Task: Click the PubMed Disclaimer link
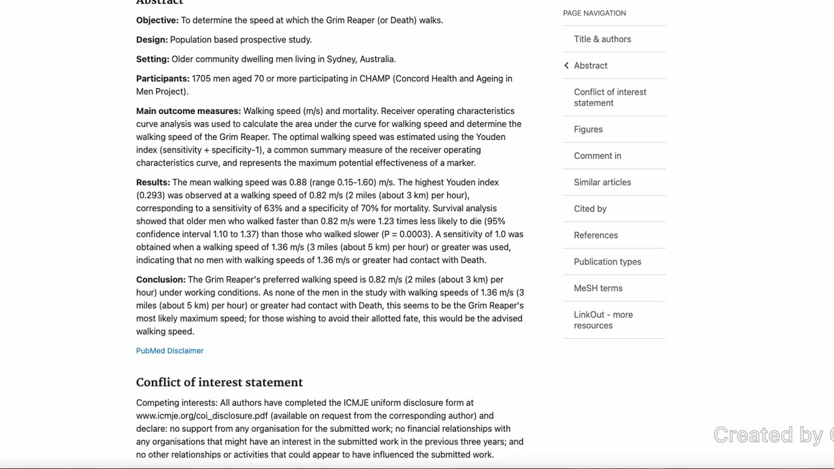pyautogui.click(x=169, y=350)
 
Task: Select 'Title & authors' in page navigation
pyautogui.click(x=602, y=39)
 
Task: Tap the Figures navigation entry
pyautogui.click(x=588, y=129)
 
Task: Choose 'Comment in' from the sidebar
pyautogui.click(x=597, y=156)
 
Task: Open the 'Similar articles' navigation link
pyautogui.click(x=602, y=182)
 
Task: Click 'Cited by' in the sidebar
pyautogui.click(x=590, y=208)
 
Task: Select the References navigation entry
pyautogui.click(x=596, y=235)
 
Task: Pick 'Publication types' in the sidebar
pyautogui.click(x=607, y=262)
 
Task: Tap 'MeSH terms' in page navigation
pyautogui.click(x=597, y=288)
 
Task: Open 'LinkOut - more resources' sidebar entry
pyautogui.click(x=603, y=320)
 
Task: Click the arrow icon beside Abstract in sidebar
pyautogui.click(x=566, y=65)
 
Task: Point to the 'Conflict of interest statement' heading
pyautogui.click(x=219, y=382)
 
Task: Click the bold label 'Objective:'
pyautogui.click(x=157, y=20)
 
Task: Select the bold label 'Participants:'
pyautogui.click(x=162, y=79)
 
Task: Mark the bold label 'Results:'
pyautogui.click(x=152, y=182)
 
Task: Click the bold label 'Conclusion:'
pyautogui.click(x=160, y=279)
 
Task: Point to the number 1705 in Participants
pyautogui.click(x=201, y=79)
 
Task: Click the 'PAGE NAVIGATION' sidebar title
pyautogui.click(x=594, y=13)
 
